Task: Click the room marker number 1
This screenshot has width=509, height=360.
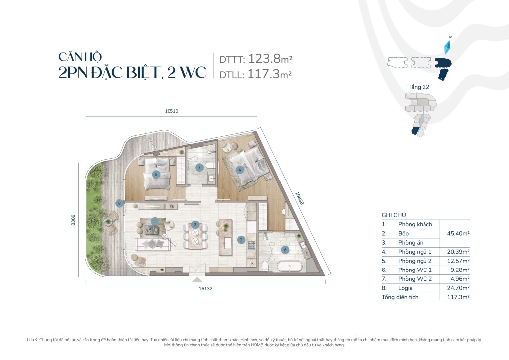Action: [x=155, y=221]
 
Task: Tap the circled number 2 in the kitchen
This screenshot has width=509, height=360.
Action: [x=241, y=239]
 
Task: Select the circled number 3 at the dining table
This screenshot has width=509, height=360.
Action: [x=196, y=225]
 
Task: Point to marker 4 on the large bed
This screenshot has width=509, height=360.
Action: [x=240, y=169]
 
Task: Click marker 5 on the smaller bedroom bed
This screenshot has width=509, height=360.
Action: [x=156, y=174]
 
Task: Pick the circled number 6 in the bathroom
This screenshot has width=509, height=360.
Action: [x=285, y=250]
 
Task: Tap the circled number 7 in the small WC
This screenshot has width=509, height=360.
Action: [x=199, y=167]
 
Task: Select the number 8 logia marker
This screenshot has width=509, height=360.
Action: [x=119, y=203]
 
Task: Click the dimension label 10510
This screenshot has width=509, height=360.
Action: [x=171, y=111]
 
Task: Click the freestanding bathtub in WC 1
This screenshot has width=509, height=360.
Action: [x=289, y=267]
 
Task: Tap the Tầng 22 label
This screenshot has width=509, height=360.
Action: [x=419, y=87]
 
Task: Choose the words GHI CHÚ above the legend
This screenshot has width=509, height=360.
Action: [x=393, y=215]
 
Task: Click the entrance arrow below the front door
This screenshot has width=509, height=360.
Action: [x=198, y=279]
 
